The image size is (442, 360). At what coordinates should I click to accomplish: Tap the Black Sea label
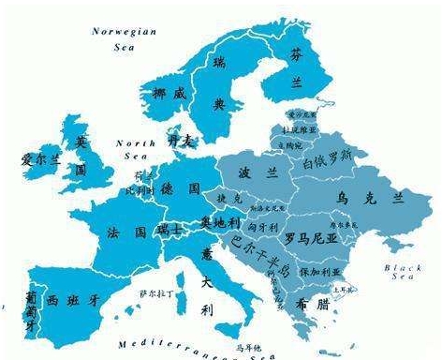(x=404, y=273)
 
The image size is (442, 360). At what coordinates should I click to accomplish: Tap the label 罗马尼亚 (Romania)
(x=311, y=237)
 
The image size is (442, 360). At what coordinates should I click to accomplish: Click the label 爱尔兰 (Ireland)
(x=40, y=160)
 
